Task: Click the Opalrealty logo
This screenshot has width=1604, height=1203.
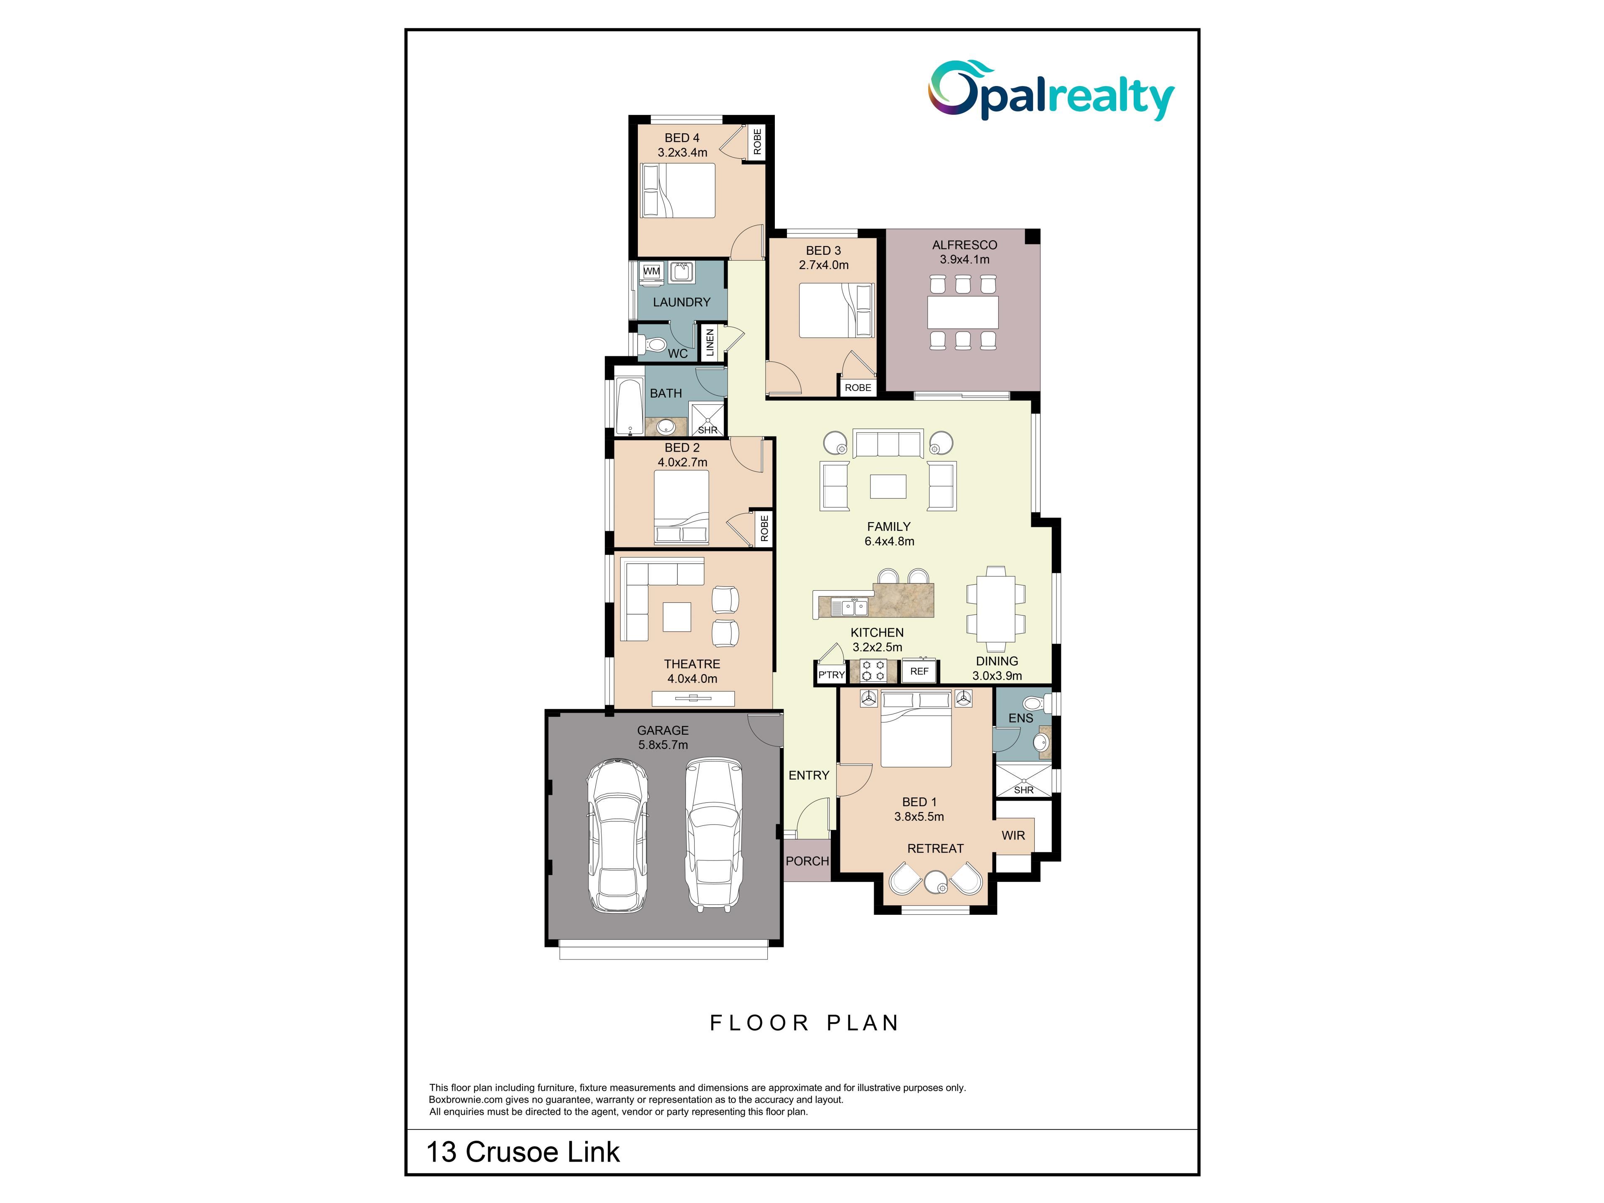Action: [1051, 91]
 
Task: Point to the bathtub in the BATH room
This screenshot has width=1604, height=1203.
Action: [629, 407]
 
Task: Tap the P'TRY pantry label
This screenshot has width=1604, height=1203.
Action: [831, 674]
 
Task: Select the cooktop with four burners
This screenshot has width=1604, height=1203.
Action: [873, 671]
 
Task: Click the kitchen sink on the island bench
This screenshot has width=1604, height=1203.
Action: [850, 606]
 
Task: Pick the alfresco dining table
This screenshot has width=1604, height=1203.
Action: [963, 312]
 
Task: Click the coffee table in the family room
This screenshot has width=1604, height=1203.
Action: [888, 486]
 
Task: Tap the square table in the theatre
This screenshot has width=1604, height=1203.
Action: [677, 617]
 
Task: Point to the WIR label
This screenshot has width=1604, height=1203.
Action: [1013, 835]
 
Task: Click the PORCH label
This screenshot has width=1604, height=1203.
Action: [807, 861]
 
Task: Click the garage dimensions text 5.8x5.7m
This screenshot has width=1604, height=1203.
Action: [663, 745]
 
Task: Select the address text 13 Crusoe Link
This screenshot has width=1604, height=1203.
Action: [523, 1152]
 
